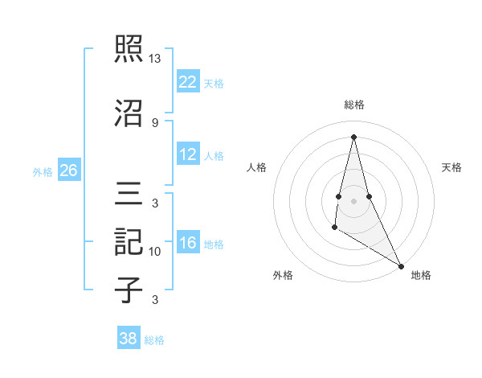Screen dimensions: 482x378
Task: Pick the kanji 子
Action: pos(129,290)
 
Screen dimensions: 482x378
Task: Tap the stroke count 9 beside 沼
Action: pos(154,122)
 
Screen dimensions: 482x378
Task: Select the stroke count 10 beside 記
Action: pos(155,252)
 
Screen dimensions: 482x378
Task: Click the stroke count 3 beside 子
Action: pos(154,300)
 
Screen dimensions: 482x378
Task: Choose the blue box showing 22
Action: pos(188,82)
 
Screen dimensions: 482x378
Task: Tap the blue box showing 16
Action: pos(188,244)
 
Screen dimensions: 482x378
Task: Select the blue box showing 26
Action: pos(69,171)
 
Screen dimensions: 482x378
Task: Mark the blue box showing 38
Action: pos(129,339)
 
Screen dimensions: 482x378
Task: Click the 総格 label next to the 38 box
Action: pos(154,340)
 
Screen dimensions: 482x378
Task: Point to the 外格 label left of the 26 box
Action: pos(43,171)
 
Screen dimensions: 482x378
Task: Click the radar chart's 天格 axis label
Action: pos(452,167)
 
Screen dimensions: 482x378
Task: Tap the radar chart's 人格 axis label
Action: pos(256,167)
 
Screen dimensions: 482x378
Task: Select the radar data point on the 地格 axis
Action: pos(401,265)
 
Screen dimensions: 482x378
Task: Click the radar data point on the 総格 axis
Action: pos(353,136)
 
